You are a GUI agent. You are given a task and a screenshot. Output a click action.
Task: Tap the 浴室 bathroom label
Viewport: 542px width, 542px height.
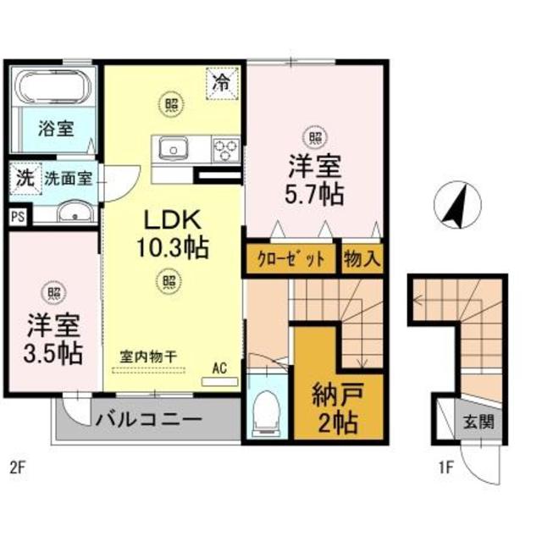point(56,130)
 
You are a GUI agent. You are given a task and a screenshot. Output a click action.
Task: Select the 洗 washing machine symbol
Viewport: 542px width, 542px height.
point(25,179)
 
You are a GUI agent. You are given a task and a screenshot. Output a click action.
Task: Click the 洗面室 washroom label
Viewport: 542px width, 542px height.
point(68,179)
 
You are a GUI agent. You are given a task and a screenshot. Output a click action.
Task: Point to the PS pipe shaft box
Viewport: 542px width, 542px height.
point(17,216)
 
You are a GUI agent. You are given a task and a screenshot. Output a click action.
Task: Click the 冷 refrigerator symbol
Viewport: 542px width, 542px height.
point(220,83)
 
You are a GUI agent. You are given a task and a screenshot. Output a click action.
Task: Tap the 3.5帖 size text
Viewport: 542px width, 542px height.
point(53,351)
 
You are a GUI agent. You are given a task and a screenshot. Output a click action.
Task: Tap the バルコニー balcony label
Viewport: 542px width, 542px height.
point(147,419)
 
